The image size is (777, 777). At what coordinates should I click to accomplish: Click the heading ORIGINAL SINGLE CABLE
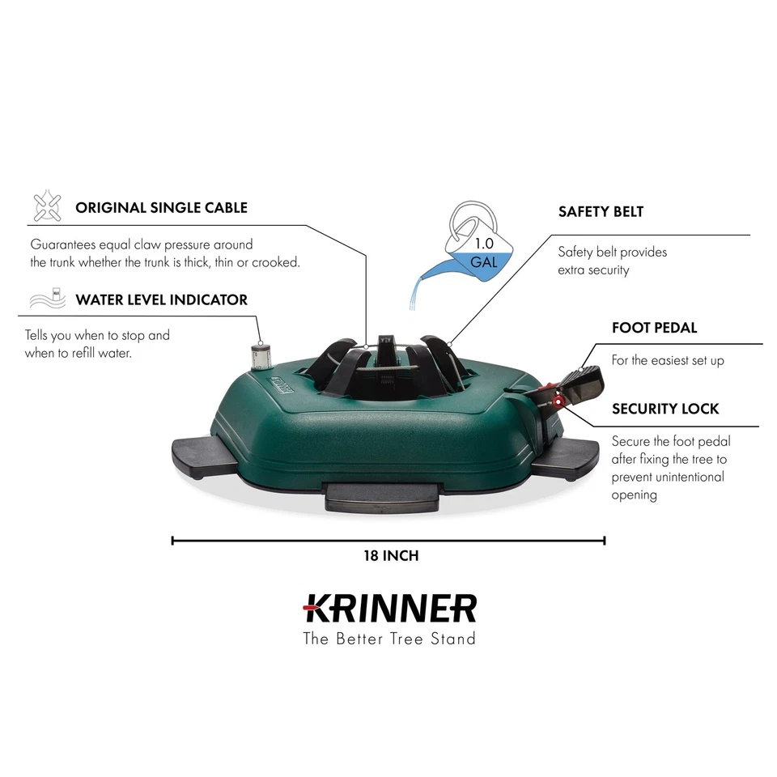161,207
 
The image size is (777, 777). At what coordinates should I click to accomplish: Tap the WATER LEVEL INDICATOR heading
161,299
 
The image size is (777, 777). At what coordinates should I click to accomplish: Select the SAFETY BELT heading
601,212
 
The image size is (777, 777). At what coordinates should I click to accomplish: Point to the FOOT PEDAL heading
654,328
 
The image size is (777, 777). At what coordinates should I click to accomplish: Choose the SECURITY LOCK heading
665,409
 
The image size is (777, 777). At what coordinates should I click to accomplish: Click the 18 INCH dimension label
390,556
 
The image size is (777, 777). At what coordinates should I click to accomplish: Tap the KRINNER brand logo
389,607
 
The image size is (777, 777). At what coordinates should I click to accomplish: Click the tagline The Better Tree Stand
389,639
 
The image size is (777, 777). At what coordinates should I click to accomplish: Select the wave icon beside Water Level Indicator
47,299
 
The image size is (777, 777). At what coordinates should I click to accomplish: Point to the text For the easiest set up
668,361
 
